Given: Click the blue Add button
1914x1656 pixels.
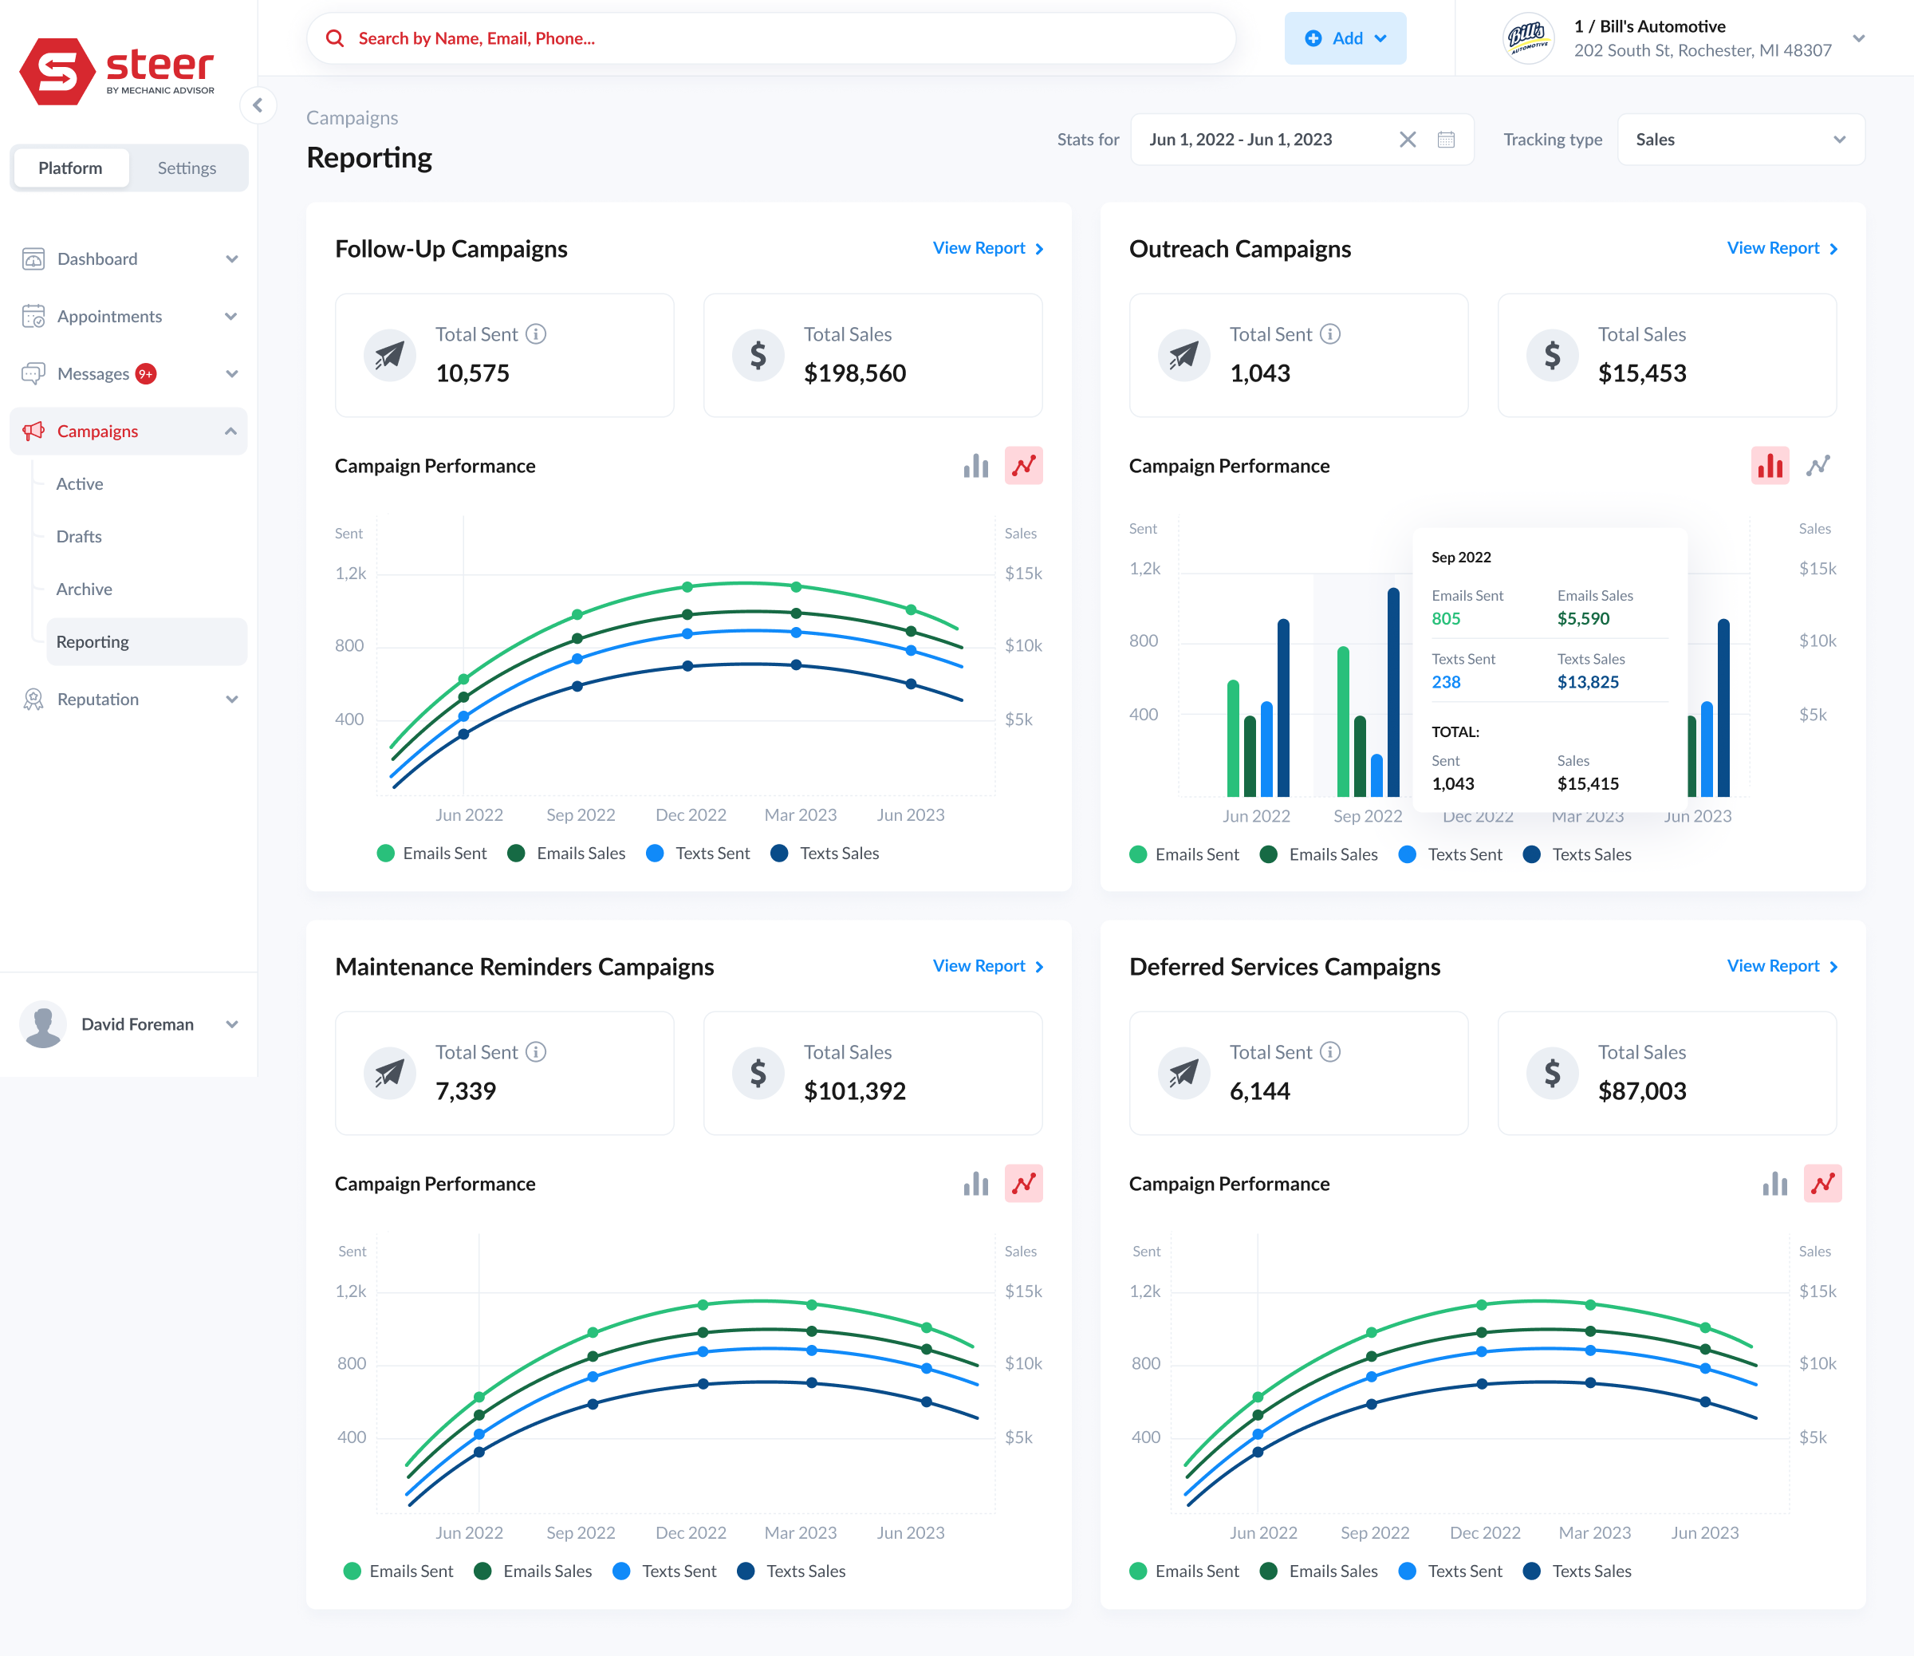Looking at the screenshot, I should click(x=1344, y=37).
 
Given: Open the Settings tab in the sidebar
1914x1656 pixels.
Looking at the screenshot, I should click(x=187, y=168).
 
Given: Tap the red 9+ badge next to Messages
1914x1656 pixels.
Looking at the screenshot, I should click(x=145, y=374).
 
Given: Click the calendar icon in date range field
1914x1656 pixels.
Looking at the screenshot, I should click(x=1446, y=140).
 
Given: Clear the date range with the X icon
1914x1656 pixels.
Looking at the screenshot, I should click(x=1407, y=140).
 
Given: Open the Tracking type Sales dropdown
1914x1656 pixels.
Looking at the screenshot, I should click(x=1740, y=140).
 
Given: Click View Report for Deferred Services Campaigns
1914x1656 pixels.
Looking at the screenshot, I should click(x=1781, y=966).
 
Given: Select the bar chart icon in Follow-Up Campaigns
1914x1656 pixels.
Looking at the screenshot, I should click(x=975, y=466).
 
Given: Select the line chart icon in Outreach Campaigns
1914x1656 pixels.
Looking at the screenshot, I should click(x=1818, y=466).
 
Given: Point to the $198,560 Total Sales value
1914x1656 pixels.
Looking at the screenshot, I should click(x=854, y=373).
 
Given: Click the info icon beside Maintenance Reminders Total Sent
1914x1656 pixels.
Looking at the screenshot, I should click(x=536, y=1051).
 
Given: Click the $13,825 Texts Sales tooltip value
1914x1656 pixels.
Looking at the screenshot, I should click(x=1587, y=682).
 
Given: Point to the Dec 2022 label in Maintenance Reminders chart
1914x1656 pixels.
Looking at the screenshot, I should click(x=690, y=1532).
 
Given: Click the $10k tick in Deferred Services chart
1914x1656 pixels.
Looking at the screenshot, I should click(x=1817, y=1363).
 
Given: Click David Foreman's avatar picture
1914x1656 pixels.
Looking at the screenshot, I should click(x=42, y=1024).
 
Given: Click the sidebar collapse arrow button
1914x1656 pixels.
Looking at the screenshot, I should click(x=258, y=105).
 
